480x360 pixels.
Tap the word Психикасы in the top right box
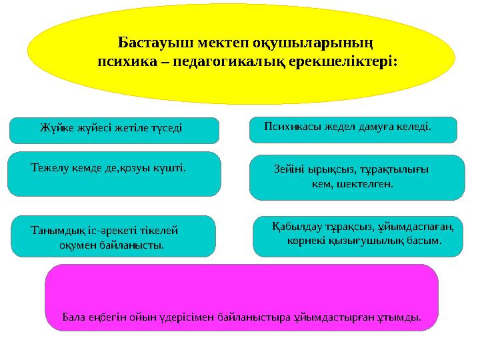coord(291,125)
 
